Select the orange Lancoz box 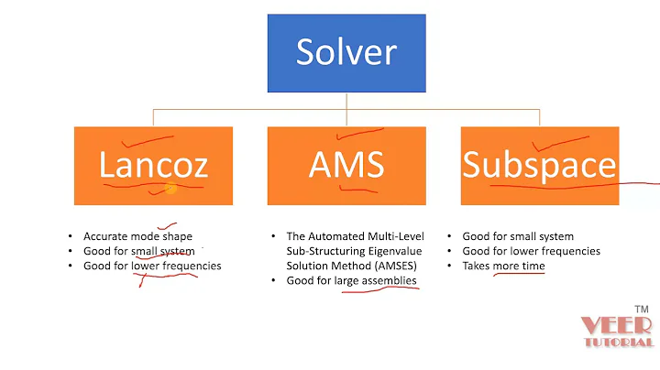point(153,165)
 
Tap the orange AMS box point(346,165)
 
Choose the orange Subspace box point(539,165)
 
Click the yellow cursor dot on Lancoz point(170,188)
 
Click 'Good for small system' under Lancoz point(137,251)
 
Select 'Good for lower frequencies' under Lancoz point(151,266)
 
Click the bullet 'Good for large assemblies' point(352,280)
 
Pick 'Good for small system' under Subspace point(518,235)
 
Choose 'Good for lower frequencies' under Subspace point(532,251)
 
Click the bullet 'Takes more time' point(503,266)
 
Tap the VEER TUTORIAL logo point(616,332)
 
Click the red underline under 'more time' point(519,274)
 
